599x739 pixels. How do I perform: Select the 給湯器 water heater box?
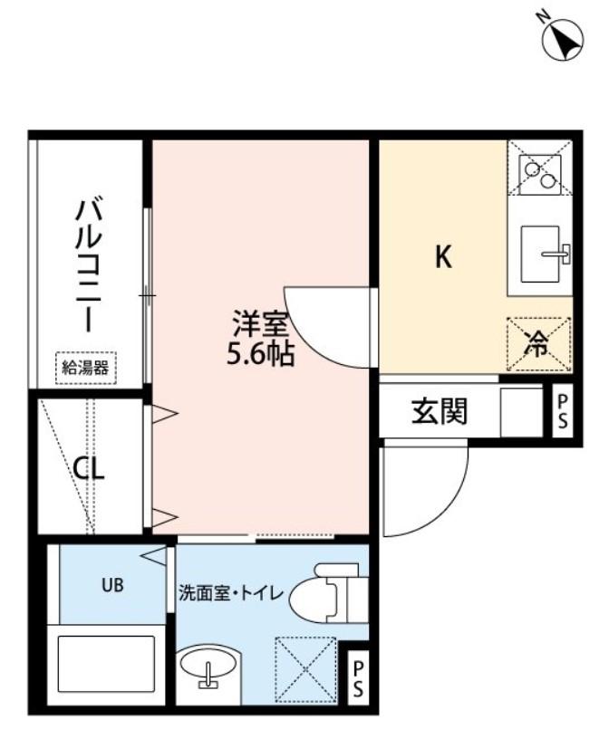pyautogui.click(x=85, y=368)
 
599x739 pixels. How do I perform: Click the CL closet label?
pyautogui.click(x=89, y=469)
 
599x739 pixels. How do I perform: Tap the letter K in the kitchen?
pyautogui.click(x=442, y=258)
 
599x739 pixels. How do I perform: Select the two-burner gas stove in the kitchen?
pyautogui.click(x=539, y=171)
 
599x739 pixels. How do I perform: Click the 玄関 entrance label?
pyautogui.click(x=440, y=412)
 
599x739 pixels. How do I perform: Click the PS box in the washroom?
pyautogui.click(x=358, y=678)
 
